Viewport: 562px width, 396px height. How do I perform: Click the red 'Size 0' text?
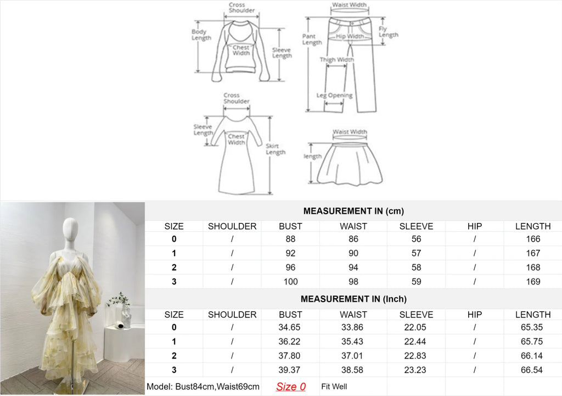coord(291,387)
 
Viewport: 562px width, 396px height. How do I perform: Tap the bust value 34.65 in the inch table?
coord(289,327)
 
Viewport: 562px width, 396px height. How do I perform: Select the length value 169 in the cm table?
coord(533,282)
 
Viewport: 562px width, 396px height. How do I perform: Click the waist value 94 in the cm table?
coord(353,267)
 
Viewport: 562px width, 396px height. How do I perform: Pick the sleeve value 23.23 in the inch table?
coord(415,370)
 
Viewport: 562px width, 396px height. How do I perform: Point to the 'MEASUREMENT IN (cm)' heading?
coord(353,211)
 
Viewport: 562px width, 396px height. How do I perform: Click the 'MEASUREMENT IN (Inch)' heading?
coord(353,299)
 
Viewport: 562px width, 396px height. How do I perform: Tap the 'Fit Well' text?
coord(334,386)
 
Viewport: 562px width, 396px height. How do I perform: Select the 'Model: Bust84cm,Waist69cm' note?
coord(203,387)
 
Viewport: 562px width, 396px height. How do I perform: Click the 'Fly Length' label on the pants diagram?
coord(388,31)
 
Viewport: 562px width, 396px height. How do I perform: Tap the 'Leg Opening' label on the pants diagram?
coord(334,96)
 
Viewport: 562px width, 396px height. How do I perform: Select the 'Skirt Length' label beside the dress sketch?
coord(276,149)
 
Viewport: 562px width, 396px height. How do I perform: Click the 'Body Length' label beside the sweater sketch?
coord(201,35)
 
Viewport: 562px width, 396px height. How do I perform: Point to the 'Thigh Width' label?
coord(336,59)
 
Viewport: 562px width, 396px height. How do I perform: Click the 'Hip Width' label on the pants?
coord(350,36)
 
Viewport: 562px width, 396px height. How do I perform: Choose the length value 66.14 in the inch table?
coord(531,356)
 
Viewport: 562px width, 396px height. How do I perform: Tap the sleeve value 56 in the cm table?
coord(416,239)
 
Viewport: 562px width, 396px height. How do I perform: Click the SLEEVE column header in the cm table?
coord(416,226)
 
